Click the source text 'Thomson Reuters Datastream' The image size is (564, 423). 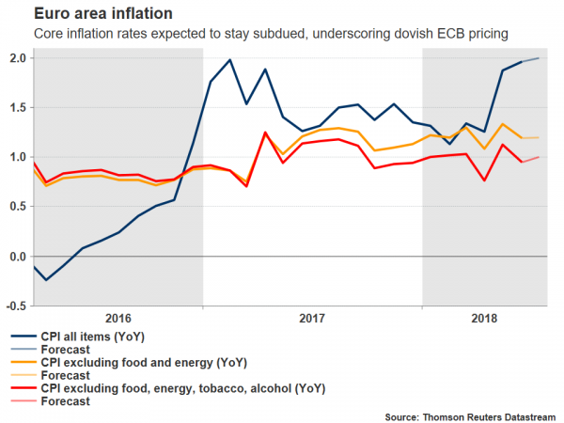487,415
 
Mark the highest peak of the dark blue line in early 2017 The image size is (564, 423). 230,60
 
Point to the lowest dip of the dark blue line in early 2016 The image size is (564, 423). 45,280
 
